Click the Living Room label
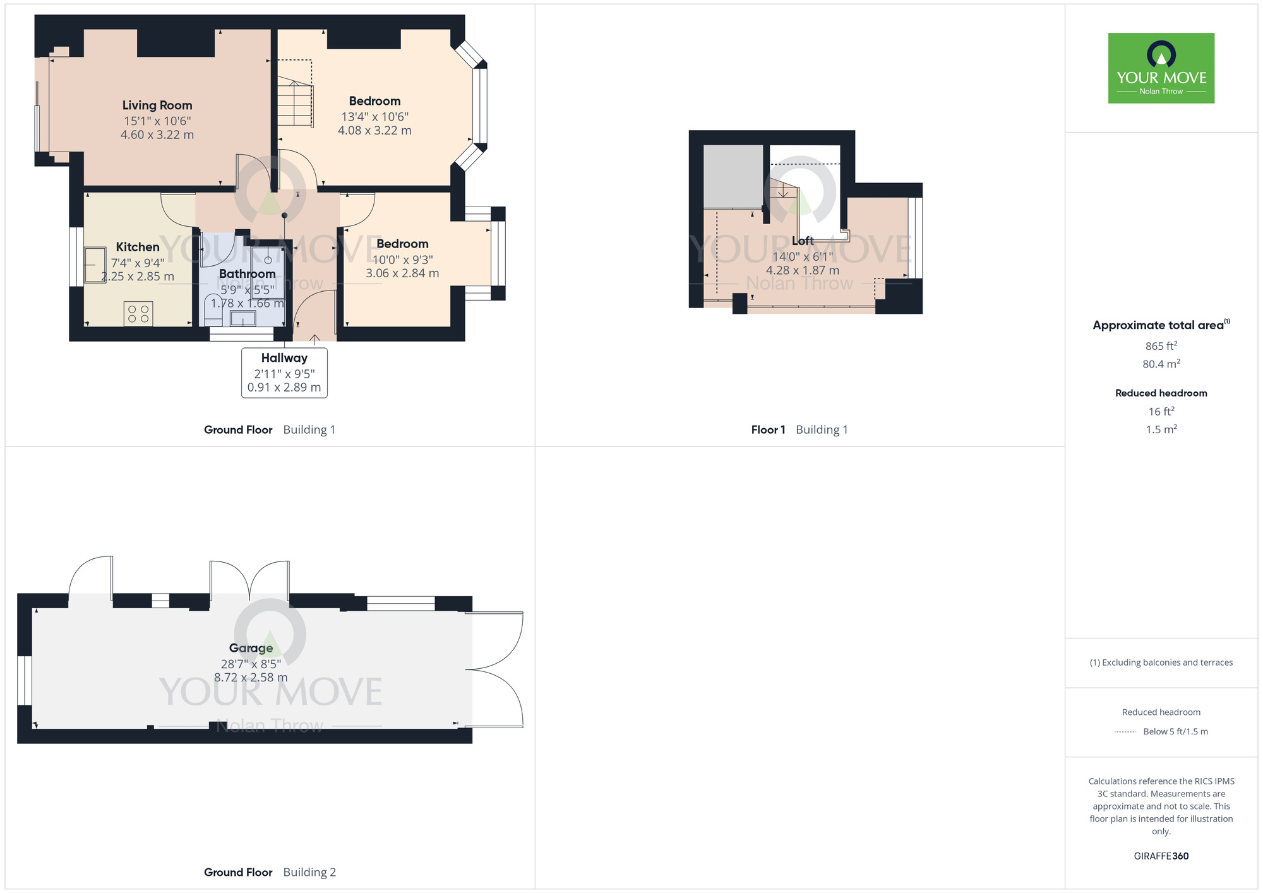pos(157,105)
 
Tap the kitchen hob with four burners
pos(138,314)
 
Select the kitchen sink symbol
pos(95,265)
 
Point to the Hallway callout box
pos(284,373)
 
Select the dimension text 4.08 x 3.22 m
pos(374,131)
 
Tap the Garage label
pos(251,648)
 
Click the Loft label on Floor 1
pos(803,241)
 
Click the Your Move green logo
pos(1161,68)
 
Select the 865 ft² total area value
pos(1161,346)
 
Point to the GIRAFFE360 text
pos(1161,856)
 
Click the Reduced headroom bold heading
pos(1161,393)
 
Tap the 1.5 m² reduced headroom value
pos(1161,429)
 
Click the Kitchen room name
pos(138,247)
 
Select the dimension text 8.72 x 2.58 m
pos(251,678)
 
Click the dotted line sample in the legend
pos(1125,732)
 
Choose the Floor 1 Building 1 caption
pos(799,430)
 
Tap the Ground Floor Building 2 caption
pos(270,872)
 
